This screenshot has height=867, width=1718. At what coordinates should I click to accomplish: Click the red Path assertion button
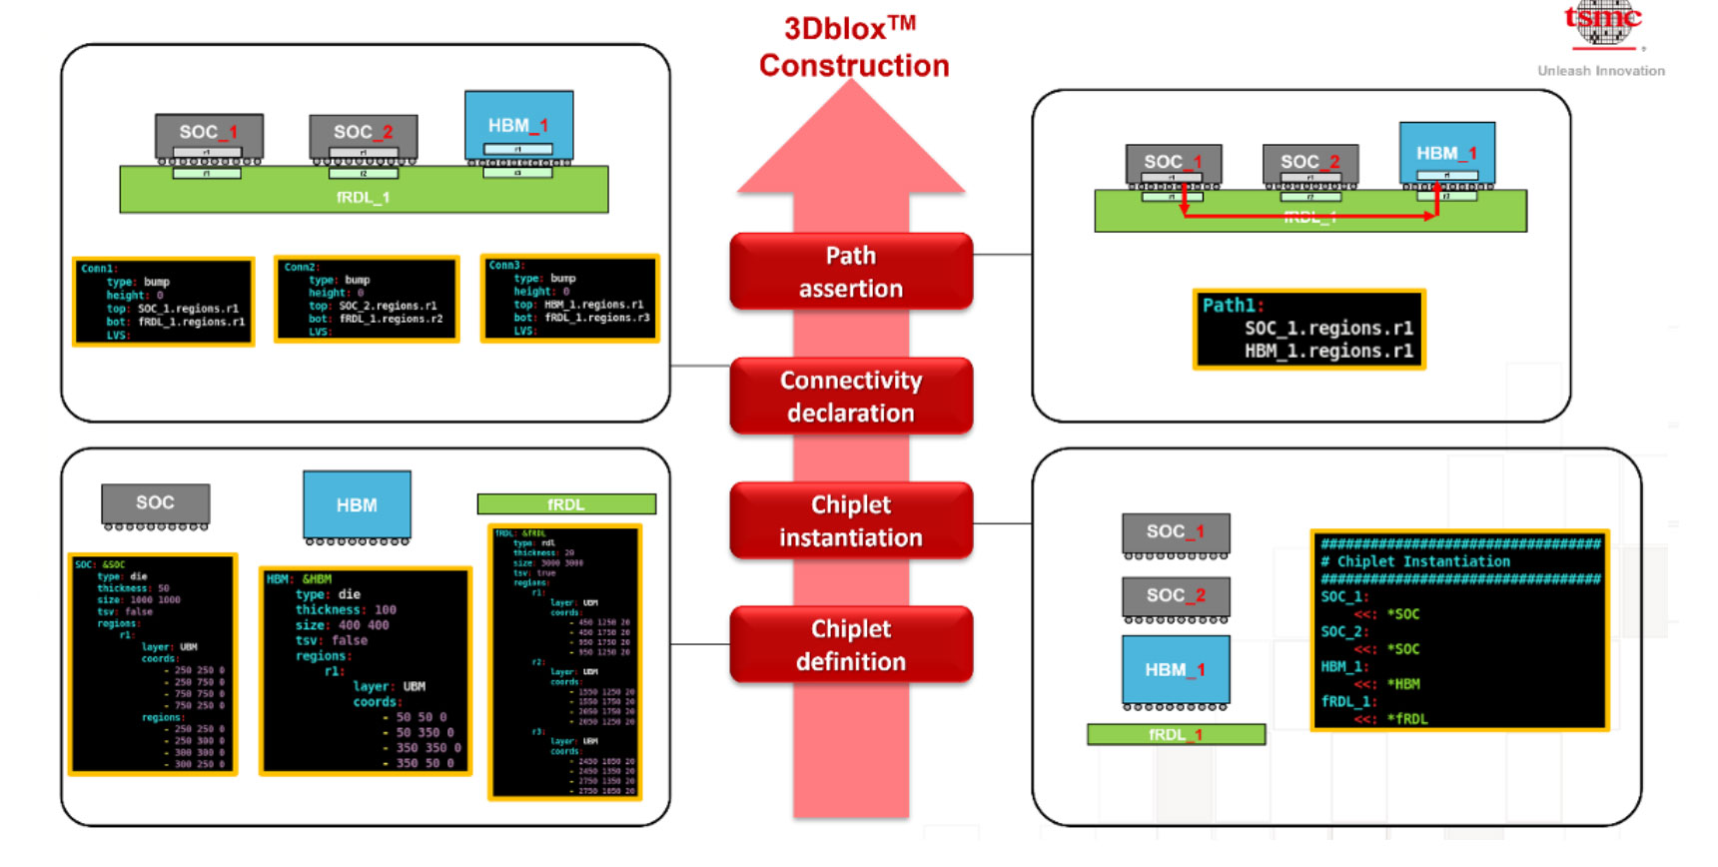pyautogui.click(x=851, y=272)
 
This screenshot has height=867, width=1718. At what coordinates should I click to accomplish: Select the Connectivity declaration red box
pyautogui.click(x=851, y=397)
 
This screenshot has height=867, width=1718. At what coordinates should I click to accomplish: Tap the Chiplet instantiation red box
pyautogui.click(x=851, y=521)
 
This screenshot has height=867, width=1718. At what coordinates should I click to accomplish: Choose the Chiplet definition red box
pyautogui.click(x=851, y=645)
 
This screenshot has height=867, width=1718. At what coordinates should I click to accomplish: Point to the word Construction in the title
pyautogui.click(x=854, y=66)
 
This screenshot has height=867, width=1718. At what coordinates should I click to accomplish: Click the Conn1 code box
pyautogui.click(x=164, y=302)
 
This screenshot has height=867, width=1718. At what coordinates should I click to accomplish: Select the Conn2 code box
pyautogui.click(x=367, y=300)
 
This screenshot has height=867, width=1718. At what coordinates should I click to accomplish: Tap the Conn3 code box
pyautogui.click(x=570, y=299)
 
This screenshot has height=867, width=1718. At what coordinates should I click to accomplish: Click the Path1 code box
pyautogui.click(x=1308, y=330)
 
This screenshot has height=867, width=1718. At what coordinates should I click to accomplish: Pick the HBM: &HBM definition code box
pyautogui.click(x=365, y=671)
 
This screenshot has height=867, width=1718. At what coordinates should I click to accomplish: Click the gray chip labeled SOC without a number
pyautogui.click(x=156, y=503)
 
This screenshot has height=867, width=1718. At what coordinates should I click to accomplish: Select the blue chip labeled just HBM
pyautogui.click(x=357, y=504)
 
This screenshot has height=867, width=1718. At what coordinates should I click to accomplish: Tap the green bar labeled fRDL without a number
pyautogui.click(x=566, y=504)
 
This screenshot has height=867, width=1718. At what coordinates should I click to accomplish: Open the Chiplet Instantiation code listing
pyautogui.click(x=1459, y=631)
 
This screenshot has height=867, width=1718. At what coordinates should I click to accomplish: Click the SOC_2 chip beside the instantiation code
pyautogui.click(x=1176, y=596)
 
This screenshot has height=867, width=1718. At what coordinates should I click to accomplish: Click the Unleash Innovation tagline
pyautogui.click(x=1601, y=71)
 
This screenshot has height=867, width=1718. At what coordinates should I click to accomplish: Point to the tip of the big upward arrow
pyautogui.click(x=851, y=84)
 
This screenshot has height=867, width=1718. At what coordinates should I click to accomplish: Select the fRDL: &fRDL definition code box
pyautogui.click(x=565, y=662)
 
